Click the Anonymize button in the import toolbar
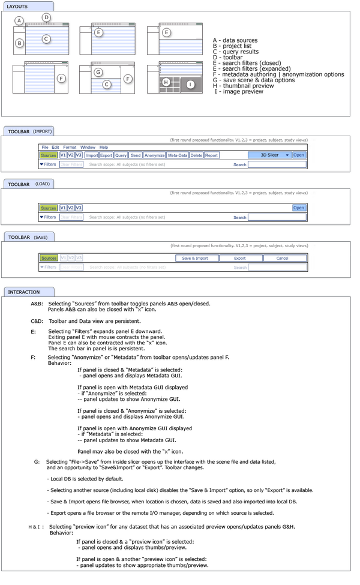(155, 155)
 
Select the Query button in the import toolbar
(121, 155)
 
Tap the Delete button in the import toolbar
(196, 155)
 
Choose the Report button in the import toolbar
(211, 155)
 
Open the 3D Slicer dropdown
(269, 155)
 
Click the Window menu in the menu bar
(88, 147)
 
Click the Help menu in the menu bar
(104, 147)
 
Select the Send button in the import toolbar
(136, 155)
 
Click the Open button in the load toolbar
(299, 208)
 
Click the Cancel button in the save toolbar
(282, 258)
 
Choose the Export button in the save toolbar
(240, 258)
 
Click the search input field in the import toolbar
(277, 164)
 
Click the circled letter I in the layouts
(191, 85)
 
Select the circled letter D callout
(46, 17)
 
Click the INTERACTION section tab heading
(24, 292)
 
